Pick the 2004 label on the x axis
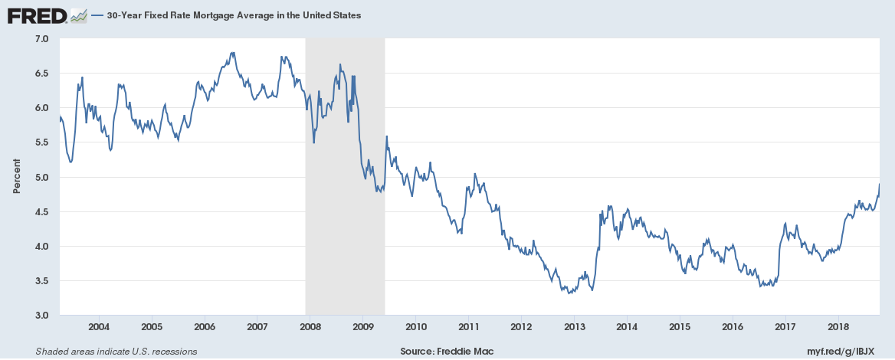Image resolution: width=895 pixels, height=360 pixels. coord(99,327)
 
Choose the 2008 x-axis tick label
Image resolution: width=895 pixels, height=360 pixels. coord(310,327)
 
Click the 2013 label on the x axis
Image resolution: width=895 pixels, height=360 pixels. coord(574,327)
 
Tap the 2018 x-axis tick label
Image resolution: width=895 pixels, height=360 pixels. coord(838,327)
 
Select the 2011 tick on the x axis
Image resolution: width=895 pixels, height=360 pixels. coord(468,327)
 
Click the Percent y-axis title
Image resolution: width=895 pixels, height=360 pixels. coord(16,177)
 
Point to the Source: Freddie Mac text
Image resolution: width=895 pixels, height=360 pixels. coord(447,352)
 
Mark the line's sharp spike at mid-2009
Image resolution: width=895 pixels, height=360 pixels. coord(386,136)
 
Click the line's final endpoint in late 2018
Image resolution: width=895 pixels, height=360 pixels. coord(879,184)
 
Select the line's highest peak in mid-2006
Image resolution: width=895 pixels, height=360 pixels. coord(233,53)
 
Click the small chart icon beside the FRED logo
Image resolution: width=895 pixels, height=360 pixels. coord(78,15)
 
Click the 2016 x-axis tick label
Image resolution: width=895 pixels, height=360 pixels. coord(733,327)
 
